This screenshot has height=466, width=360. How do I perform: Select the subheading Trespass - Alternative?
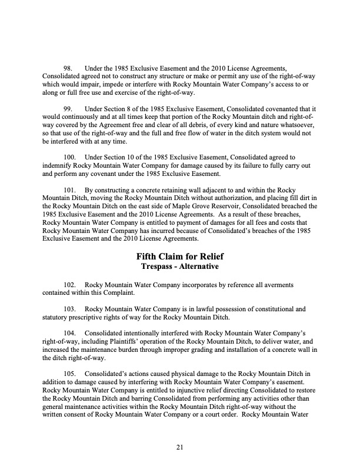coord(180,267)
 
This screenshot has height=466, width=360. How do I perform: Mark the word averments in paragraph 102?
coord(276,285)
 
